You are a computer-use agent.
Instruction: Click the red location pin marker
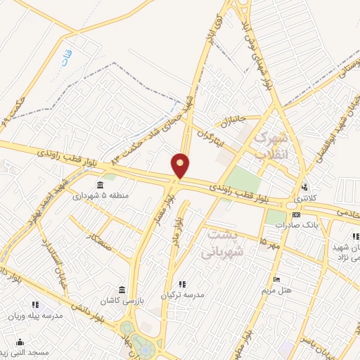pos(181,165)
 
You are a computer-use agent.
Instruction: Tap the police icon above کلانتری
pos(304,187)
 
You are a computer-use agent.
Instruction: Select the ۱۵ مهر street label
pos(269,241)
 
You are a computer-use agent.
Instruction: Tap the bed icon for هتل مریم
pos(276,279)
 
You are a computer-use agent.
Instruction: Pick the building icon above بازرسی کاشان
pos(122,290)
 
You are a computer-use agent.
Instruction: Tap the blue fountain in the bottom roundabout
pos(145,348)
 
